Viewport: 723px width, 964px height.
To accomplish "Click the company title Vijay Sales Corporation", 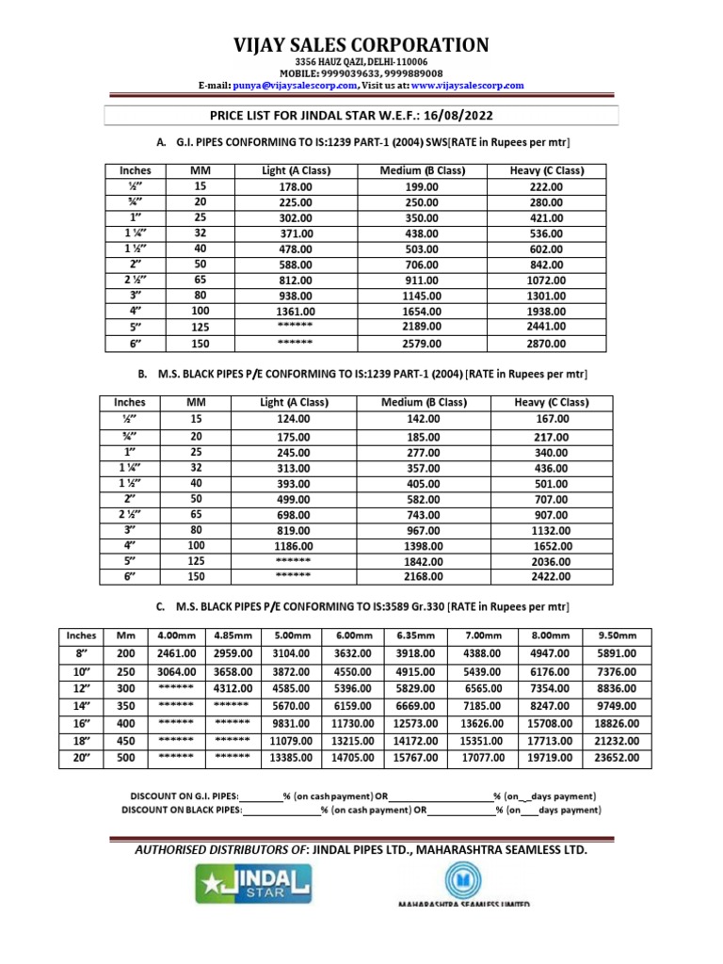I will pyautogui.click(x=361, y=45).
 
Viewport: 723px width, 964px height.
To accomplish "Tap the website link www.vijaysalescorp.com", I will pyautogui.click(x=467, y=86).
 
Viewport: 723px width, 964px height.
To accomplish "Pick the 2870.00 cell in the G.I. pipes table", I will pyautogui.click(x=547, y=343).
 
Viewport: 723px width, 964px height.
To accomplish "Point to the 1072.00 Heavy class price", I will pyautogui.click(x=547, y=281).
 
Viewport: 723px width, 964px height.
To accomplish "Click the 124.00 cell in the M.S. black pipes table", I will pyautogui.click(x=294, y=419).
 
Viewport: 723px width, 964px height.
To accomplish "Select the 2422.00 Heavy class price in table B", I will pyautogui.click(x=551, y=576).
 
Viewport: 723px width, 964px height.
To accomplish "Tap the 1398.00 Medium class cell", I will pyautogui.click(x=423, y=545).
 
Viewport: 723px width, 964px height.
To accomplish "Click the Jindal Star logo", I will pyautogui.click(x=253, y=884).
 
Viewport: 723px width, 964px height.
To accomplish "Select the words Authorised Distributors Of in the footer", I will pyautogui.click(x=222, y=850).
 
